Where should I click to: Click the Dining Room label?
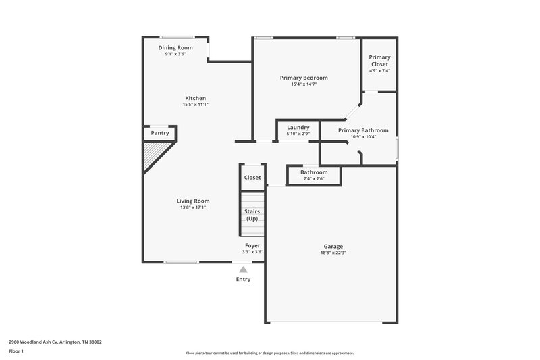pos(175,48)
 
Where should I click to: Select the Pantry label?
pos(160,133)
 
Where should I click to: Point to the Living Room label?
pos(193,201)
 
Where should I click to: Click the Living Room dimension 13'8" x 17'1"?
pos(193,207)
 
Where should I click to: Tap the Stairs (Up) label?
pos(252,215)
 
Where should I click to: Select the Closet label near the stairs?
pos(252,178)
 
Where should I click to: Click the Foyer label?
pos(252,245)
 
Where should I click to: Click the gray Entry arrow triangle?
pos(244,269)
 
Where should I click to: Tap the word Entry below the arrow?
pos(243,279)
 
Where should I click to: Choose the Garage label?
pos(332,246)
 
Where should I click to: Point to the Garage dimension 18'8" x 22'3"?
pos(332,253)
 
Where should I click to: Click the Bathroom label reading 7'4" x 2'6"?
pos(314,172)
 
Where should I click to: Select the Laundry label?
pos(298,127)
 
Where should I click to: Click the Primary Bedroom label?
pos(304,78)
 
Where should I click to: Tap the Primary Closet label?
pos(379,61)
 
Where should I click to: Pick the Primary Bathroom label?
pos(363,130)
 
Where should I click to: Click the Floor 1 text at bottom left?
pos(16,351)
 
